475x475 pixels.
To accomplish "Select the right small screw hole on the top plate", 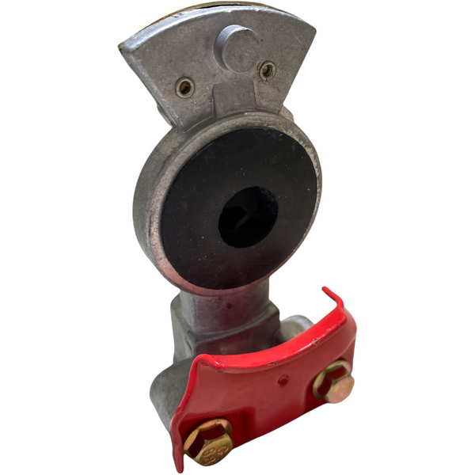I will [x=268, y=70].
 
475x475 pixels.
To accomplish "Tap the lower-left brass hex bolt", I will [x=208, y=442].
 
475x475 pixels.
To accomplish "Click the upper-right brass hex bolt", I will [x=332, y=380].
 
